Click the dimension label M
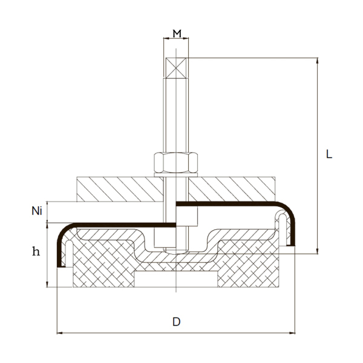[x=177, y=33]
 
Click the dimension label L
[x=329, y=154]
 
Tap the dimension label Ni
[x=37, y=211]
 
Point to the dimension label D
[x=176, y=321]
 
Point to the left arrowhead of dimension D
[x=59, y=332]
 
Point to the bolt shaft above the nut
[x=176, y=115]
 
